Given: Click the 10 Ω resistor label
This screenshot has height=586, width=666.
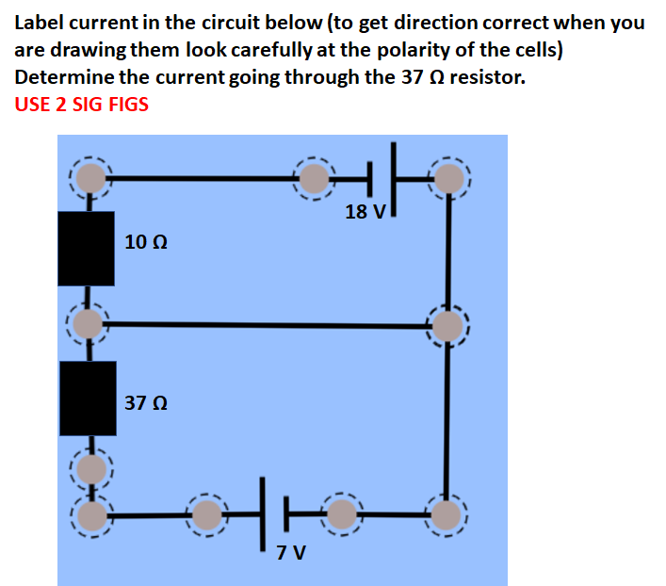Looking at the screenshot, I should coord(146,242).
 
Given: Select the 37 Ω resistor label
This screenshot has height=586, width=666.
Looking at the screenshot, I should coord(146,403).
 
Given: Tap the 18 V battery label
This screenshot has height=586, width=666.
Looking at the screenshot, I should coord(365,211).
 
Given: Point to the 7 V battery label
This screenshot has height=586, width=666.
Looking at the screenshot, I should coord(291,551).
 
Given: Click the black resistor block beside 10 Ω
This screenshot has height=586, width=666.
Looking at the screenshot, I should coord(86,248).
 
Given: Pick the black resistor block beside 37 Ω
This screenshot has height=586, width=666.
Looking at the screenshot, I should coord(88,399).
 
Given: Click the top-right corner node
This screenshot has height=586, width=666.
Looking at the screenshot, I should coord(449,176).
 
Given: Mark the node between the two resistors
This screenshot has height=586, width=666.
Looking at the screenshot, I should coord(89,323).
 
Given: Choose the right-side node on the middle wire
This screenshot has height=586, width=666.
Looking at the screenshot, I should coord(448,326).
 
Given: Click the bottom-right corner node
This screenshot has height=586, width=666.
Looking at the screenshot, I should coord(447,514).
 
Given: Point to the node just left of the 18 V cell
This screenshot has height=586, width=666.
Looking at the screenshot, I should coord(317,176).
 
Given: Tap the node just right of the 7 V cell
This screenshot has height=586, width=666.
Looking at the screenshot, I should coord(342,514).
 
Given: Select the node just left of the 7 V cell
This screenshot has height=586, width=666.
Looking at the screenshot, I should coord(207,514).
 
